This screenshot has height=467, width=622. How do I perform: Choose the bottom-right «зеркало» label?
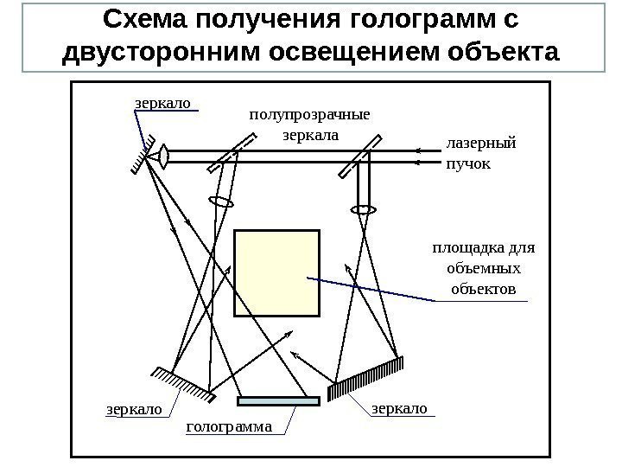click(x=399, y=406)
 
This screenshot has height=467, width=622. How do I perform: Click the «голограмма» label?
click(x=230, y=426)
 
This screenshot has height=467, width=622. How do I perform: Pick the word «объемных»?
click(x=484, y=268)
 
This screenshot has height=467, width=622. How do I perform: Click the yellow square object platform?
click(x=276, y=273)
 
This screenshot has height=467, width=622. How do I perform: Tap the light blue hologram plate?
click(x=278, y=400)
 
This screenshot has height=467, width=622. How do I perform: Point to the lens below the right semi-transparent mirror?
click(x=364, y=209)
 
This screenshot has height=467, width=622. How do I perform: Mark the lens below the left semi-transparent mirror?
click(x=222, y=202)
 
